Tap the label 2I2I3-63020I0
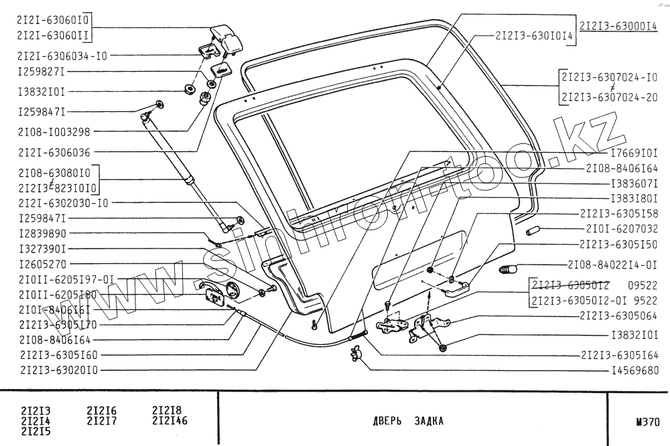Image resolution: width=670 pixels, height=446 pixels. [60, 369]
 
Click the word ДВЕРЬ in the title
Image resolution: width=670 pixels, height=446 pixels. [387, 422]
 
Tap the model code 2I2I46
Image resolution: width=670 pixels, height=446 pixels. [170, 421]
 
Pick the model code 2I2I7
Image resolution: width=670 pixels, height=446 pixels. [102, 421]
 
